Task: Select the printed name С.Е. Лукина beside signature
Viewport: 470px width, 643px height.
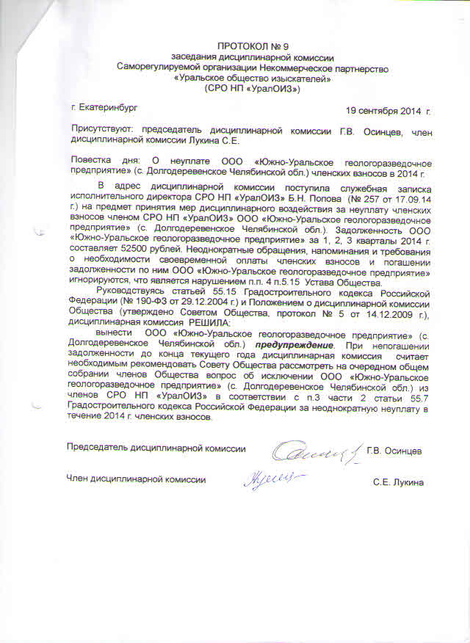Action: tap(397, 483)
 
